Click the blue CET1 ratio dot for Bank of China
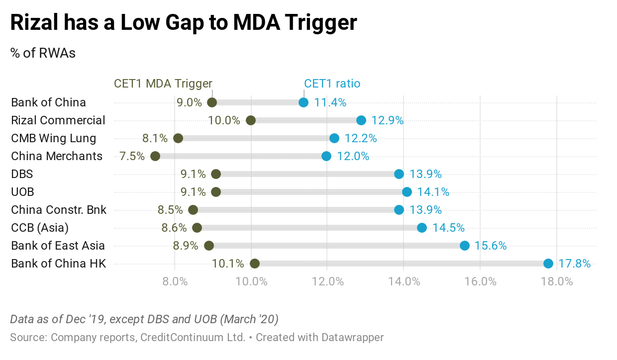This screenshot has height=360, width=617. coord(304,102)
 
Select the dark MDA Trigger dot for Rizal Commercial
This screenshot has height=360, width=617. coord(251,120)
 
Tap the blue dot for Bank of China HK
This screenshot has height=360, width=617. coord(548,264)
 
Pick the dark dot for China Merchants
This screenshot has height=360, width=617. coord(155,156)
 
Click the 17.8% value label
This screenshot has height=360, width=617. coord(574,264)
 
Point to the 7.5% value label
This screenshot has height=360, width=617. coord(132,156)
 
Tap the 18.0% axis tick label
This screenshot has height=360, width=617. coord(556,281)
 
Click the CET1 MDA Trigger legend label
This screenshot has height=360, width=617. coord(163,84)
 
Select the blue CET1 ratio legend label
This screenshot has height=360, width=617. coord(332,84)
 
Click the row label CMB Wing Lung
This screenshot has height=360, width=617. coord(54,138)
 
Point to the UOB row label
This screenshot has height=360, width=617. coord(22,192)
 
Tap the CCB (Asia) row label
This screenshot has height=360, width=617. coord(40,228)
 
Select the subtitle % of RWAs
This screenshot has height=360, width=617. coord(43,53)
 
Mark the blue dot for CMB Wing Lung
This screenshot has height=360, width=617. coord(334,138)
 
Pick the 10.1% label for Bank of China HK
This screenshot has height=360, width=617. coord(228,264)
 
